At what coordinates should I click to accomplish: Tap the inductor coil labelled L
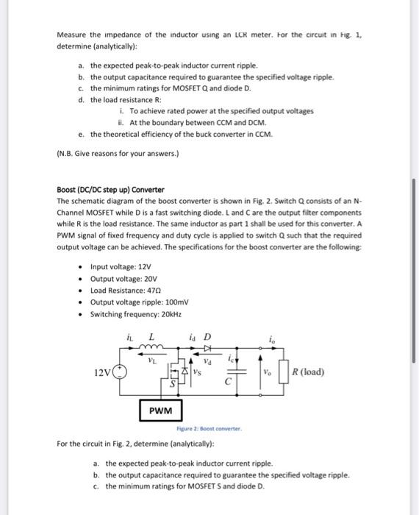151,349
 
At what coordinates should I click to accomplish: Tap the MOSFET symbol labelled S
177,372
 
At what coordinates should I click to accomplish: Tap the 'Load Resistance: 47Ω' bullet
123,291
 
